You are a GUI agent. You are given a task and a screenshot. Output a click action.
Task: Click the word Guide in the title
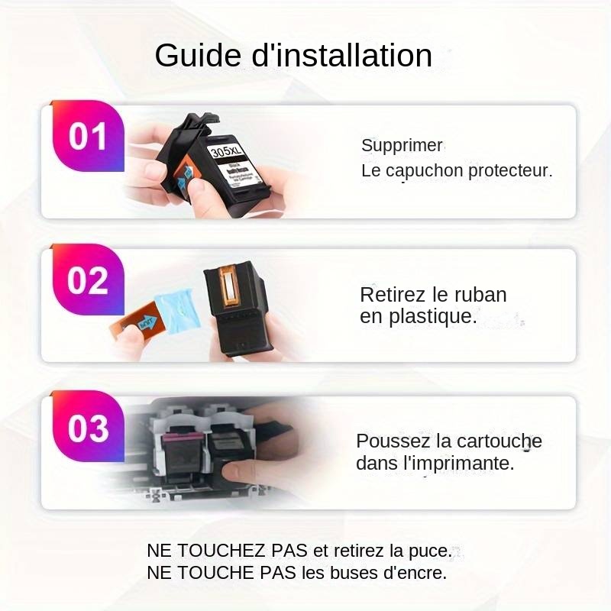point(198,55)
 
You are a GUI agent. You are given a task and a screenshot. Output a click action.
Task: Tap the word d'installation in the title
point(341,55)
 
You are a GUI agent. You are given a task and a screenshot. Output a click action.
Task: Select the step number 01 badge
point(88,136)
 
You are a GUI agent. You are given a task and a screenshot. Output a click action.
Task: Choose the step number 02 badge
point(88,280)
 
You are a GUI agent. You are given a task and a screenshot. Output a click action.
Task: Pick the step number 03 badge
point(88,428)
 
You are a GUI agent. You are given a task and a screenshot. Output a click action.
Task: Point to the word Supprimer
point(402,145)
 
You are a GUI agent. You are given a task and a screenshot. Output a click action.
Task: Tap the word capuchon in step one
point(425,171)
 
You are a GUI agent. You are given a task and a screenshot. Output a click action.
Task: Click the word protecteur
point(510,170)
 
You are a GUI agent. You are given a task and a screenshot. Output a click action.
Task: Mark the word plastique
point(432,316)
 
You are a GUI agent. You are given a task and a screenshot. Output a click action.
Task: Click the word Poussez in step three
point(393,441)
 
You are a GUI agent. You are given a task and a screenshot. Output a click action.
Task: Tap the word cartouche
point(499,441)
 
